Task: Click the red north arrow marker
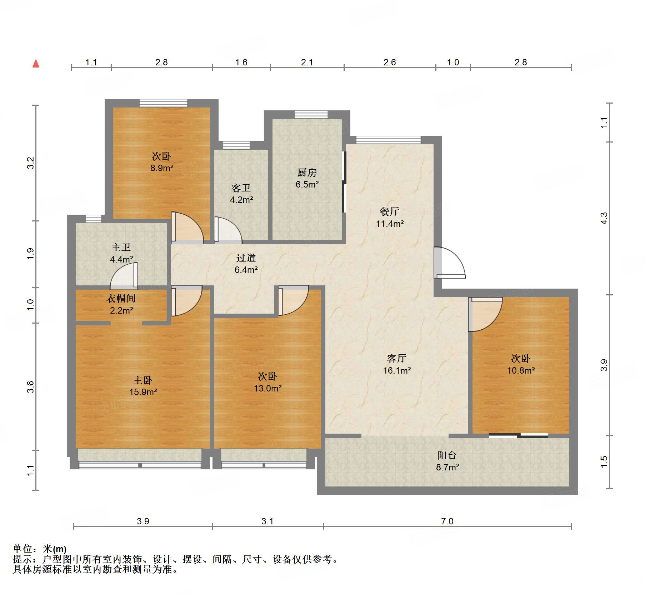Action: pyautogui.click(x=36, y=63)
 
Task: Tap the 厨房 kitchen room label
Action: pyautogui.click(x=307, y=173)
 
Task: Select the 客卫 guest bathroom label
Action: pyautogui.click(x=241, y=188)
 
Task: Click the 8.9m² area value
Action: pyautogui.click(x=162, y=168)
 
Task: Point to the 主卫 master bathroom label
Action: pyautogui.click(x=121, y=247)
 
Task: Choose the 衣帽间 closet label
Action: pyautogui.click(x=121, y=298)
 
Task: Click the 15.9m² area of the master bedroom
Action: pyautogui.click(x=143, y=392)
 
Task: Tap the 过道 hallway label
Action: pyautogui.click(x=246, y=258)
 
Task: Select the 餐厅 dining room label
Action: pyautogui.click(x=389, y=211)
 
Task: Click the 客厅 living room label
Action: pyautogui.click(x=396, y=358)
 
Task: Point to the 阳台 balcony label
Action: pyautogui.click(x=447, y=455)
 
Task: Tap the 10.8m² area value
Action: pyautogui.click(x=521, y=370)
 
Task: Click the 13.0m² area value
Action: pyautogui.click(x=268, y=388)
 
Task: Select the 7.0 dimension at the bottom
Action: pyautogui.click(x=447, y=521)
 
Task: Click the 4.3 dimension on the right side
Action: pyautogui.click(x=604, y=218)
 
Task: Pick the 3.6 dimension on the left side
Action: pyautogui.click(x=31, y=387)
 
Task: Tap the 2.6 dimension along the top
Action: pyautogui.click(x=390, y=62)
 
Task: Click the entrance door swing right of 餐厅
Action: pyautogui.click(x=450, y=263)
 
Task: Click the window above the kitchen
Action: pyautogui.click(x=311, y=114)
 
